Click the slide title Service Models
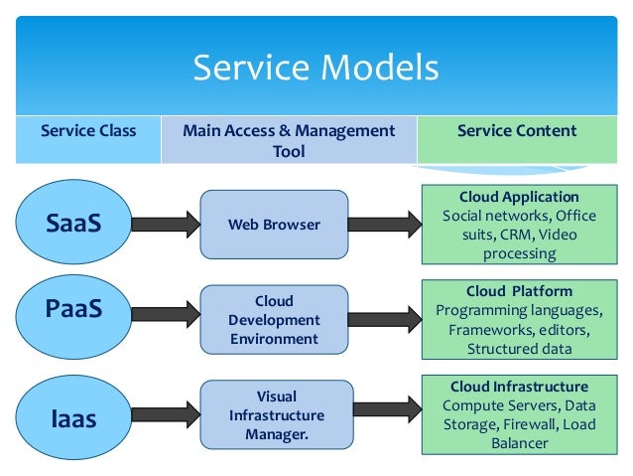pos(316,68)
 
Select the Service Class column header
pos(87,131)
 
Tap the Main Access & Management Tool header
pos(288,140)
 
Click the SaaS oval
pos(73,224)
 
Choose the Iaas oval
pos(73,418)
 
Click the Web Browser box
pos(274,225)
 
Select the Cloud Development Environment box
pos(274,320)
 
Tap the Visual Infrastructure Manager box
pos(276,414)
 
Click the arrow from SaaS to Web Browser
pos(163,225)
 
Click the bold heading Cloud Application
pos(519,197)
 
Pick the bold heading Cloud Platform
pos(519,291)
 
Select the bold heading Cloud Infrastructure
pos(519,387)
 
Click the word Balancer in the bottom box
pos(519,443)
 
